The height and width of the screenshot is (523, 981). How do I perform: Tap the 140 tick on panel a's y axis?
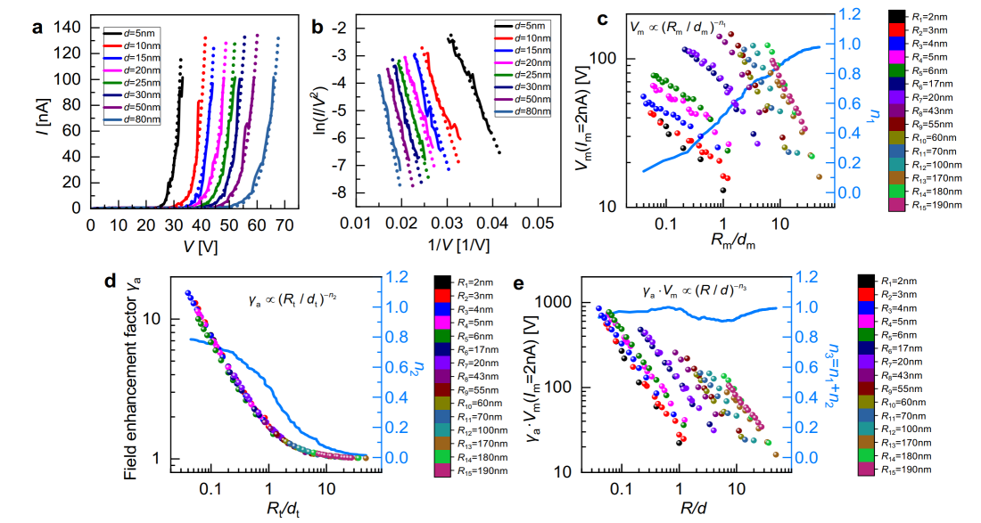[x=70, y=29]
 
